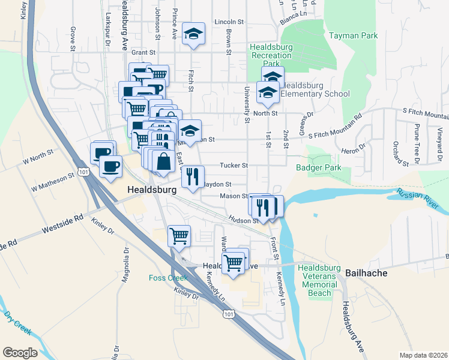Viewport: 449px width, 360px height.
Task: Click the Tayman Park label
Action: pos(353,35)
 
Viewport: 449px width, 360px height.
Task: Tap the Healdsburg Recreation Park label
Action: pos(271,55)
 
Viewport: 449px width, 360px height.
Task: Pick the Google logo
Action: pos(20,353)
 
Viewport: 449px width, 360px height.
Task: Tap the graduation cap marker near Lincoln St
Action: pos(194,33)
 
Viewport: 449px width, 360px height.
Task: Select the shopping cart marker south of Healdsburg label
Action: pos(179,235)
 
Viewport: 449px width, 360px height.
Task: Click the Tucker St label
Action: pos(234,165)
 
